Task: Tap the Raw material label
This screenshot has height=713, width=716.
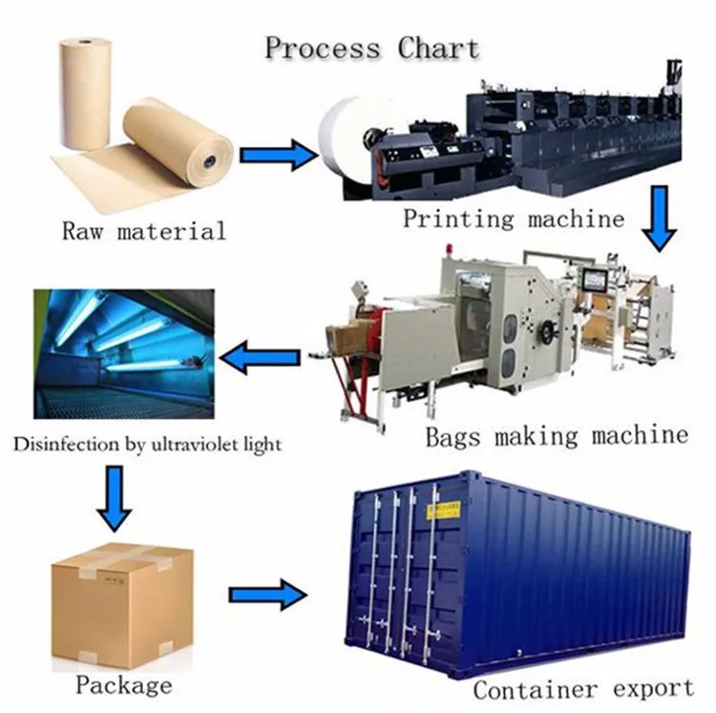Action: point(143,230)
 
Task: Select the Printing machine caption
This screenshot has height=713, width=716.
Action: point(513,219)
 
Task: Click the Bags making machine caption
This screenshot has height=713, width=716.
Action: point(556,437)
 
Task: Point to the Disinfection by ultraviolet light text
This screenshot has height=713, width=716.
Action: point(147,444)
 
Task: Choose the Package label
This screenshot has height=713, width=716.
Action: point(124,684)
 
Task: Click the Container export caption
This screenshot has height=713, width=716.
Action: point(583,688)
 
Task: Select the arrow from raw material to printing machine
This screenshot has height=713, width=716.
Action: point(277,153)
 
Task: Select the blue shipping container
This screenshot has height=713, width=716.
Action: point(516,573)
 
